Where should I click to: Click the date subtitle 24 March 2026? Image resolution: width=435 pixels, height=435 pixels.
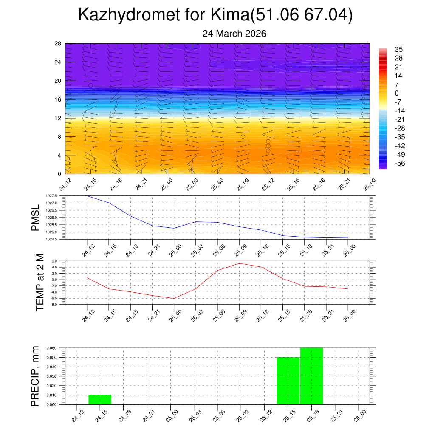234,34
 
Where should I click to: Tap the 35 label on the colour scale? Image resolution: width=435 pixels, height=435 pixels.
398,49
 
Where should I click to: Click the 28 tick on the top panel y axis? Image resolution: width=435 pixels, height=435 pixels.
58,44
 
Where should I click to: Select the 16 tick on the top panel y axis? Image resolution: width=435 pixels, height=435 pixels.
58,99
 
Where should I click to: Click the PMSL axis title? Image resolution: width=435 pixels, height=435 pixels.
35,217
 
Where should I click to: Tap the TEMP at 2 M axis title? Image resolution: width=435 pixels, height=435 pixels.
40,282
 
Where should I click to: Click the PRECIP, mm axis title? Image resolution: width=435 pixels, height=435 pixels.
35,376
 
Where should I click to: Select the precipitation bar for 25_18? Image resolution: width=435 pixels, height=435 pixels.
311,376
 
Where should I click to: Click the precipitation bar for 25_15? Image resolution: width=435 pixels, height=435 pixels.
288,381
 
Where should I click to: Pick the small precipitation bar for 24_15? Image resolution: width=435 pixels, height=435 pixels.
100,400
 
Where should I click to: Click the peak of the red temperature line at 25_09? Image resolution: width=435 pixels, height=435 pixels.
239,263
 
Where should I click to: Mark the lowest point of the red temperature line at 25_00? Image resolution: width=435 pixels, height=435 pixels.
174,298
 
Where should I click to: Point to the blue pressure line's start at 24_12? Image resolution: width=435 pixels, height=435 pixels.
87,196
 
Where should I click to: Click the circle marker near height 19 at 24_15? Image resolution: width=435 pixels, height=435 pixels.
90,85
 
